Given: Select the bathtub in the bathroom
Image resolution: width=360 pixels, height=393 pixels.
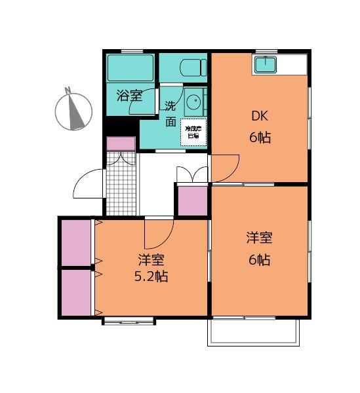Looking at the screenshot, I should pyautogui.click(x=130, y=67).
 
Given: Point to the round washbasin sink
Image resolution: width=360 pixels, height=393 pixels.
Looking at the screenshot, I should pyautogui.click(x=193, y=102).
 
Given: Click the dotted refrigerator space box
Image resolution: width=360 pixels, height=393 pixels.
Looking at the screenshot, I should pyautogui.click(x=193, y=132).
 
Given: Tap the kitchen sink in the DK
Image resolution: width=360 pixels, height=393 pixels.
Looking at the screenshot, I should pyautogui.click(x=266, y=64).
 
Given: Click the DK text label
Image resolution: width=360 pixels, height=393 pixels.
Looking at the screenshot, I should pyautogui.click(x=260, y=117).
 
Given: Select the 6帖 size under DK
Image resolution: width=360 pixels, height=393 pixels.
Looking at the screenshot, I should pyautogui.click(x=260, y=138).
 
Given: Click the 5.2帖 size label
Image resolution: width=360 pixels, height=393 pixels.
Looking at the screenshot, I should pyautogui.click(x=151, y=276).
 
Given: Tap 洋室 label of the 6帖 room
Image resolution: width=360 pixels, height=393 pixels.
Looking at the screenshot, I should pyautogui.click(x=260, y=238).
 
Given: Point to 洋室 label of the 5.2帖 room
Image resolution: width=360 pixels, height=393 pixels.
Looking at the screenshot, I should pyautogui.click(x=151, y=258).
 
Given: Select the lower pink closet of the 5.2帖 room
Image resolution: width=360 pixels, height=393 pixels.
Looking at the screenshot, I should pyautogui.click(x=77, y=292).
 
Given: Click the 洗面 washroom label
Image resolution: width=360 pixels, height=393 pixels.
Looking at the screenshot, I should pyautogui.click(x=170, y=113).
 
